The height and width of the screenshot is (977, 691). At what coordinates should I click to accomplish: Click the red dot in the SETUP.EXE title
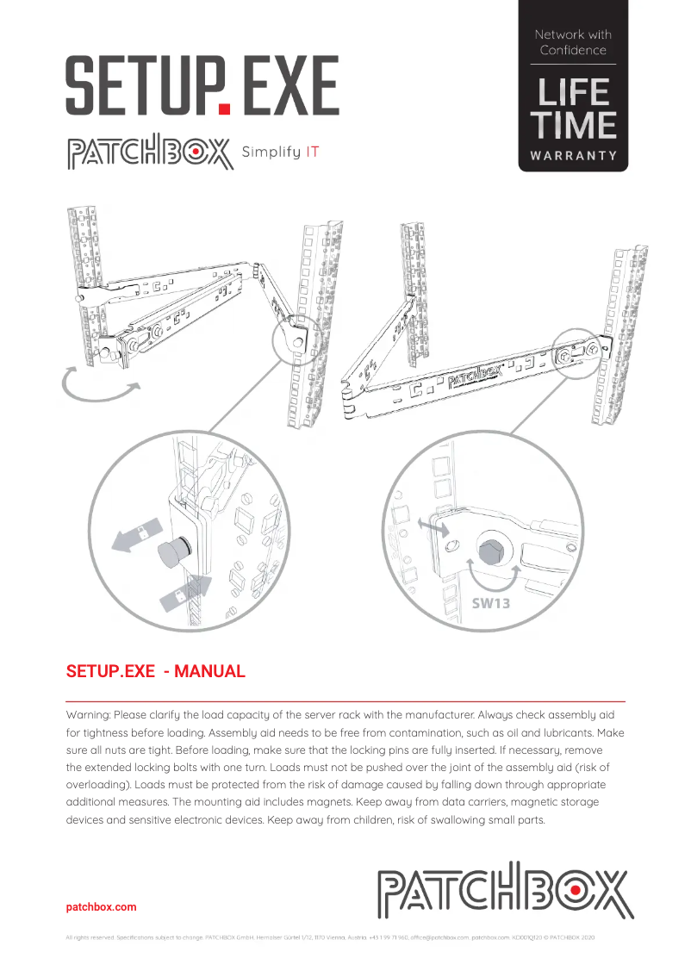(225, 109)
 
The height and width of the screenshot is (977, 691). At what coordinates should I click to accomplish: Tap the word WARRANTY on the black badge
(573, 156)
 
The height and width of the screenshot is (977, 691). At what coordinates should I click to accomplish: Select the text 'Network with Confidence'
(573, 42)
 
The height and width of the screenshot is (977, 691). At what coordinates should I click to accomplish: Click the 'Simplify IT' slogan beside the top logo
(282, 152)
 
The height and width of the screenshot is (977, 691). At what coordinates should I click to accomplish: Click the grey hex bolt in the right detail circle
(489, 551)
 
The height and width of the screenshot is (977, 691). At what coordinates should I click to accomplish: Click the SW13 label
(490, 603)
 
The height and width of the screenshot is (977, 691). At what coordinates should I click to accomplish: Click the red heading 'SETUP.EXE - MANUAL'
(156, 672)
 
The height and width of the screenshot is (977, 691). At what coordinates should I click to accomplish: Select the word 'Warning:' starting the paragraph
(89, 715)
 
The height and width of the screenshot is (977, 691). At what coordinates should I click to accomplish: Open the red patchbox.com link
(101, 907)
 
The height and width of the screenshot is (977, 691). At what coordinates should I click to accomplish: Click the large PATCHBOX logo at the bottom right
(504, 890)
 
